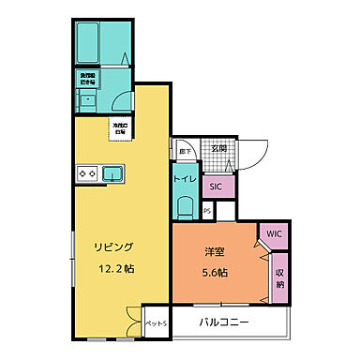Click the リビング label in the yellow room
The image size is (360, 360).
[113, 247]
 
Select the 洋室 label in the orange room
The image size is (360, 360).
[215, 250]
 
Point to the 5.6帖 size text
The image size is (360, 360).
[217, 272]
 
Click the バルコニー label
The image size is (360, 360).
[224, 323]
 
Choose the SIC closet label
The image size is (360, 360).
[216, 187]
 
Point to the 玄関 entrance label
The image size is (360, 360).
[217, 149]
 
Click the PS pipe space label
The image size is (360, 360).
[206, 211]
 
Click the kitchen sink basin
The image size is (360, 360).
[112, 173]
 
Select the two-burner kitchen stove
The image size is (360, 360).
[88, 173]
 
